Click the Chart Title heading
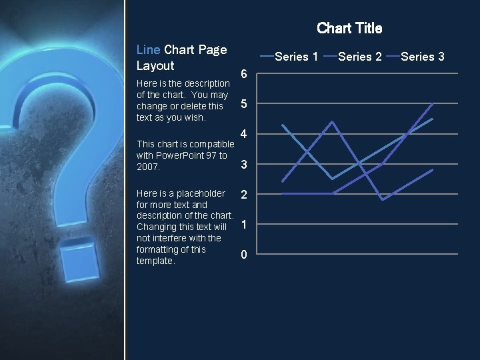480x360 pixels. (x=349, y=28)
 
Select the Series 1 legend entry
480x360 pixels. (x=296, y=57)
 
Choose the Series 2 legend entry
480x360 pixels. (x=359, y=57)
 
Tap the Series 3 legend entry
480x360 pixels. (x=423, y=57)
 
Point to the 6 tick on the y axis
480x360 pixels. (x=244, y=74)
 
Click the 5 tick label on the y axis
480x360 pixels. (x=244, y=104)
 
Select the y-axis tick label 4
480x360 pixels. (x=244, y=134)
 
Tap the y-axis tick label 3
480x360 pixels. (x=244, y=164)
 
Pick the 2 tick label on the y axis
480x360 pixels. (x=244, y=195)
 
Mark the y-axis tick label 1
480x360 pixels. (x=244, y=225)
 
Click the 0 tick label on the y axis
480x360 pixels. (x=244, y=255)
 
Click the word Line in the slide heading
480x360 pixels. (x=148, y=49)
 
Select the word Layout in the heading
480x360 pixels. (x=155, y=65)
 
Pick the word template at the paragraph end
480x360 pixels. (x=155, y=261)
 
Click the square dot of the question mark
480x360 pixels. (x=79, y=265)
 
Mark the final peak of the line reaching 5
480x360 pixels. (x=433, y=104)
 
